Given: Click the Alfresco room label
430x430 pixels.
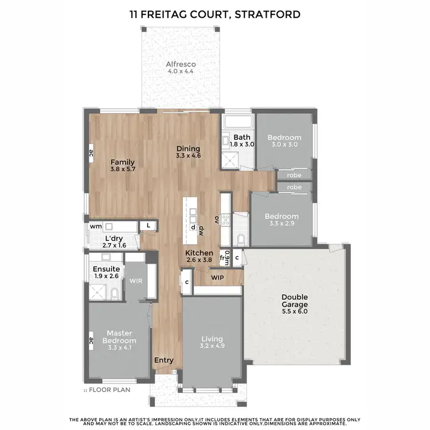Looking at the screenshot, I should (x=181, y=64).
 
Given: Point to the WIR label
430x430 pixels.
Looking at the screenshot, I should (x=136, y=282).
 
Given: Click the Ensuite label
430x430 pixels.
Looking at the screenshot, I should (x=106, y=269).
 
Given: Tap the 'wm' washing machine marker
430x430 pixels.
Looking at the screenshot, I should (x=95, y=226).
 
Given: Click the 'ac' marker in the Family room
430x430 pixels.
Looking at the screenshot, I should (x=91, y=153).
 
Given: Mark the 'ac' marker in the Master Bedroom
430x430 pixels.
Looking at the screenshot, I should (x=91, y=341).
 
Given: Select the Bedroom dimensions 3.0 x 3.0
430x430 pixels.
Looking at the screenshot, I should (x=284, y=145).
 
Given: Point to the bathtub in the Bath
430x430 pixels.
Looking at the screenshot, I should (x=237, y=122).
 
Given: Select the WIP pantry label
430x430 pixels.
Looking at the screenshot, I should (x=217, y=277).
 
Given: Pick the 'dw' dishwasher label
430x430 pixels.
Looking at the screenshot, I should (x=202, y=230).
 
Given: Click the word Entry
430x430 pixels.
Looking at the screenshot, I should (x=164, y=360).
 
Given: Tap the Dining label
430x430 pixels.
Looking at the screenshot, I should (x=187, y=148).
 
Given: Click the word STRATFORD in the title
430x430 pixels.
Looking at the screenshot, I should (x=267, y=14).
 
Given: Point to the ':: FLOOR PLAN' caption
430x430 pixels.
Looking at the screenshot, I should (x=107, y=390).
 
